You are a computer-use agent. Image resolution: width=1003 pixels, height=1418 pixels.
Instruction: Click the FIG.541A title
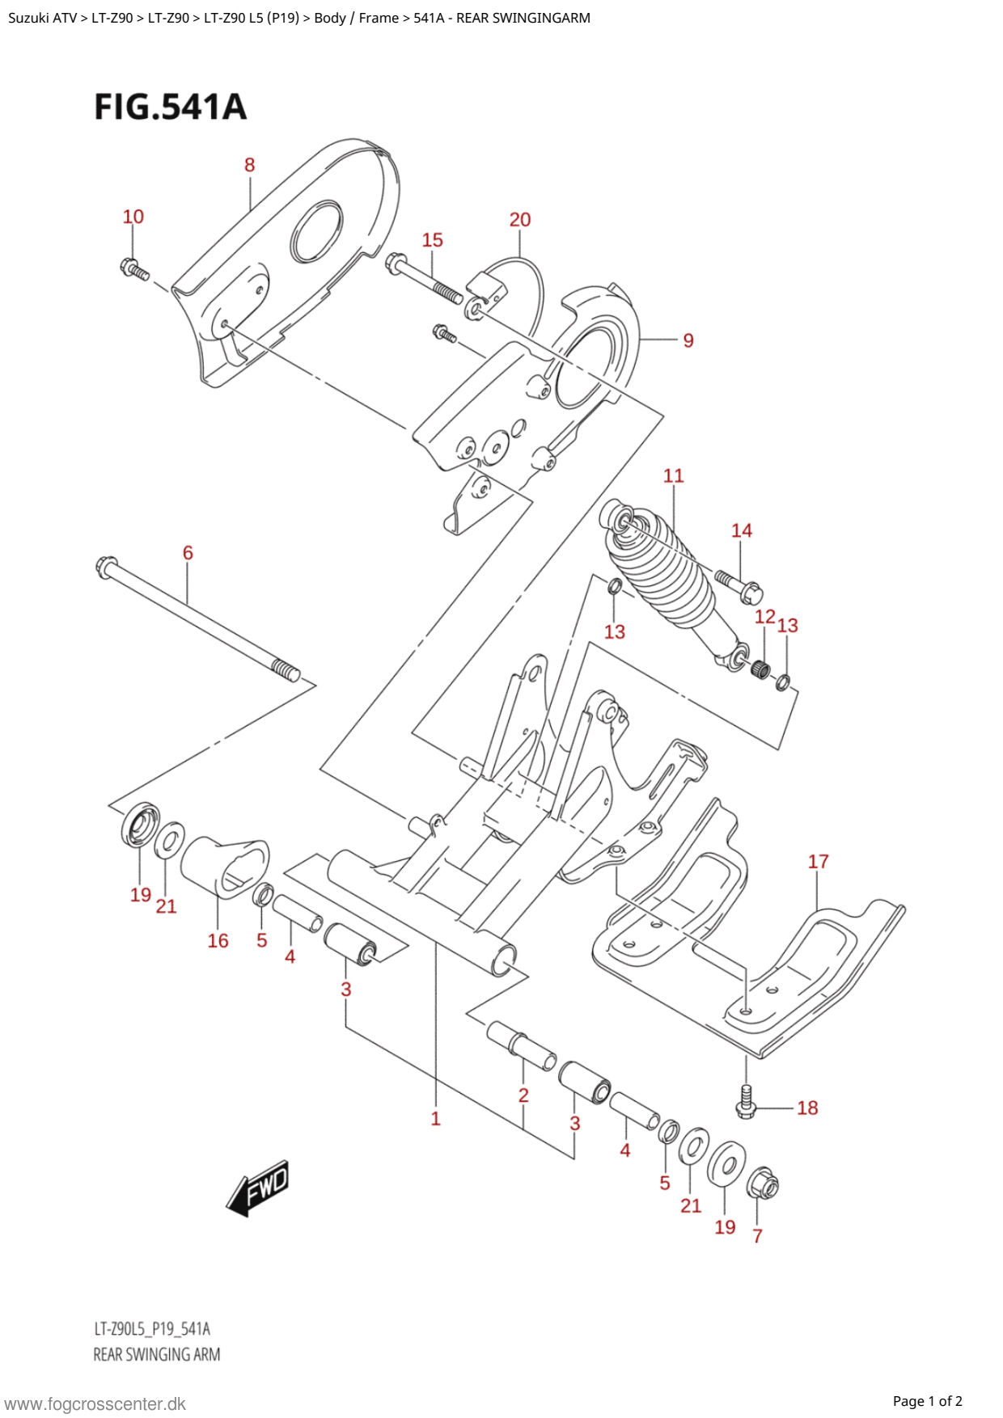coord(170,108)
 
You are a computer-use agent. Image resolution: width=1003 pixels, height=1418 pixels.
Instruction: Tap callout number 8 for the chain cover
coord(249,165)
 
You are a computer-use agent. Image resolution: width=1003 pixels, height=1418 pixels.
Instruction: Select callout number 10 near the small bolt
coord(133,217)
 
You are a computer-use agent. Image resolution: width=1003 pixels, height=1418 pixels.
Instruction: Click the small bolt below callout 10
coord(134,269)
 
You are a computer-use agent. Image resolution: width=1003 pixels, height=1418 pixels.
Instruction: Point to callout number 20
coord(520,220)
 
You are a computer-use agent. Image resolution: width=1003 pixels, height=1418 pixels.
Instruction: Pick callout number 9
coord(688,340)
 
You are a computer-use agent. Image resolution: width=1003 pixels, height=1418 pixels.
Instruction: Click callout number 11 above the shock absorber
coord(673,475)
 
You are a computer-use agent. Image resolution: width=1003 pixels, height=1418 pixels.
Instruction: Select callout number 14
coord(742,530)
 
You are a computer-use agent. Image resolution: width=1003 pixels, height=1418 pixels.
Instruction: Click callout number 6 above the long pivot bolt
coord(188,553)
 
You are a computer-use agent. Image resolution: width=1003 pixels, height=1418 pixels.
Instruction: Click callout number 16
coord(218,940)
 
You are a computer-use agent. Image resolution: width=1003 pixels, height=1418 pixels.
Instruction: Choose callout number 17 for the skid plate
coord(819,862)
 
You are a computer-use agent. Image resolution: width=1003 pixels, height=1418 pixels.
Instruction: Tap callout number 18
coord(807,1108)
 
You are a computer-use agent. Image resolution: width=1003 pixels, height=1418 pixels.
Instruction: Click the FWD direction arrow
coord(257,1188)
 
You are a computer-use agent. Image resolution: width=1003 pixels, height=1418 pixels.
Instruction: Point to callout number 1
coord(435,1119)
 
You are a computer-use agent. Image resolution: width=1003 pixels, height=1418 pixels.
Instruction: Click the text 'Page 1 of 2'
coord(927,1401)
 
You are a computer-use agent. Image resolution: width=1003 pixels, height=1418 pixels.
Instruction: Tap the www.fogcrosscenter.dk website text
coord(95,1404)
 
